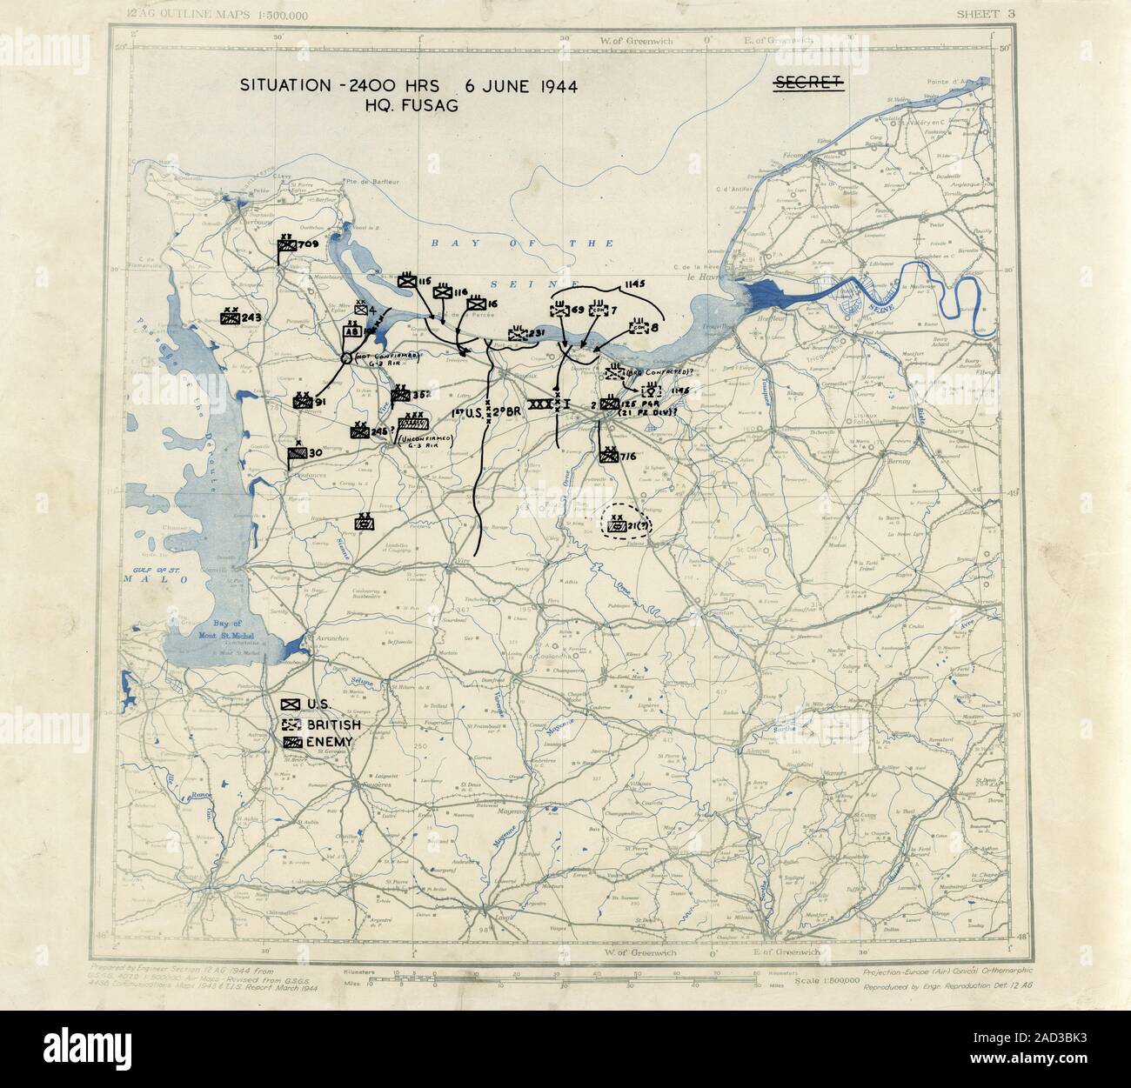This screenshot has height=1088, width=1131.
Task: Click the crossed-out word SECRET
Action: [x=808, y=83]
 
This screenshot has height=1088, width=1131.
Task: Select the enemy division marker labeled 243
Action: [x=231, y=317]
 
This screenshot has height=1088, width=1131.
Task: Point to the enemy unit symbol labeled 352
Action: [x=400, y=394]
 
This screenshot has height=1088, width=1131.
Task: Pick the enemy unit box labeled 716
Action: [x=607, y=454]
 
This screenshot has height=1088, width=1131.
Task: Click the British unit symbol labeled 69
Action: [x=561, y=310]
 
